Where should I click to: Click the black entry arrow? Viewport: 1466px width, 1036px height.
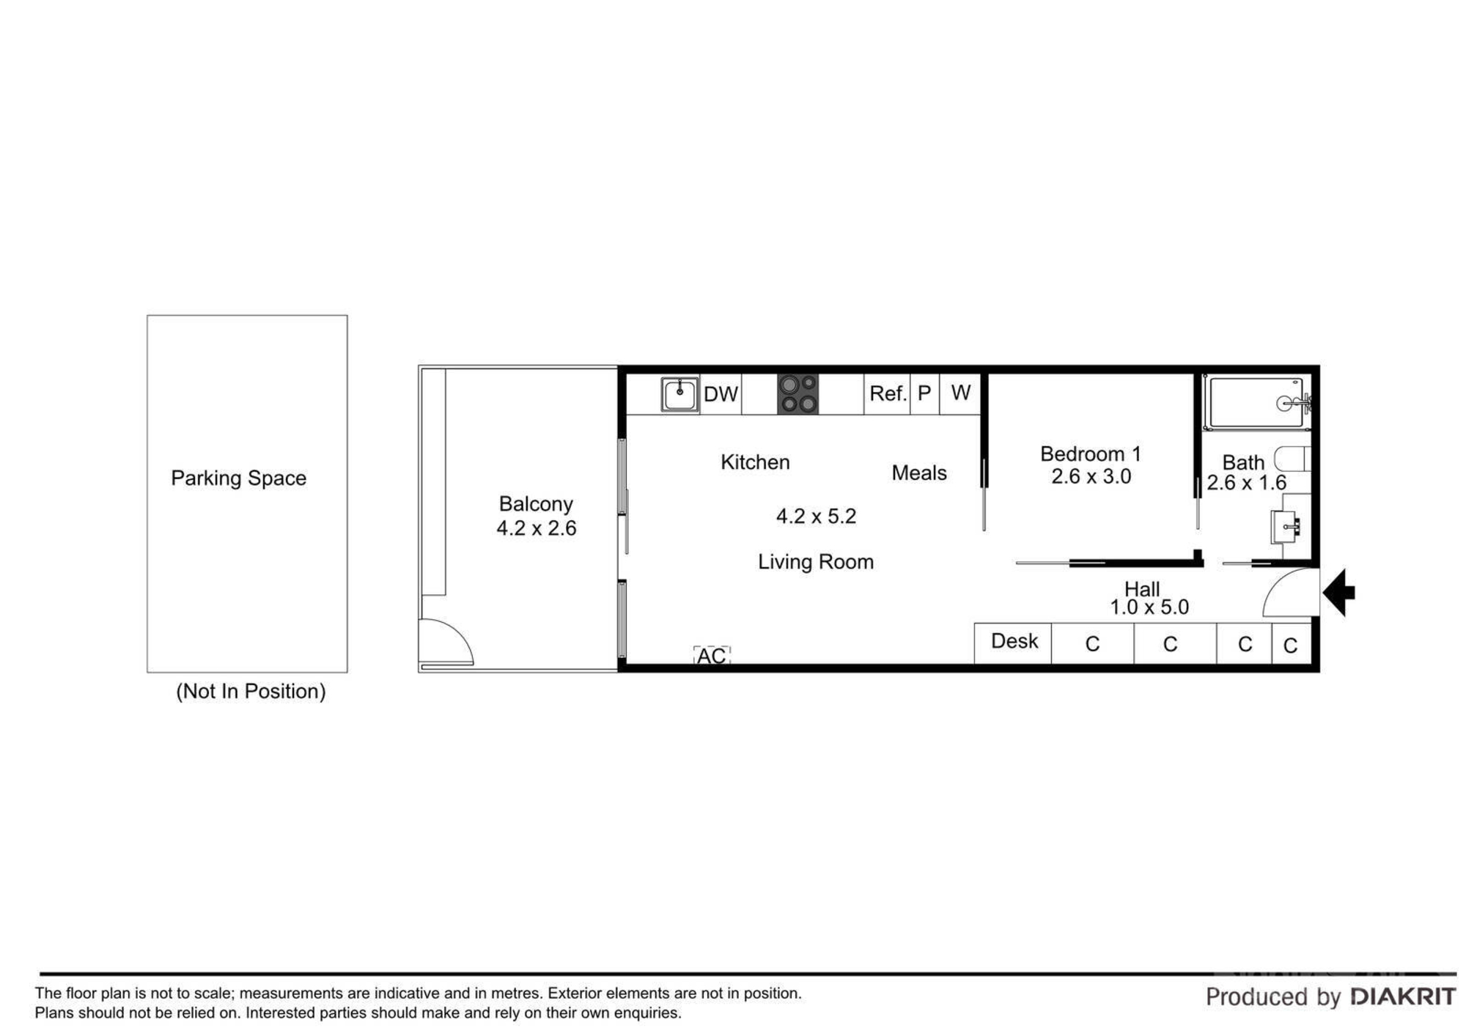click(x=1338, y=592)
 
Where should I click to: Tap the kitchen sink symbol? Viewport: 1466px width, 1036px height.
click(x=679, y=395)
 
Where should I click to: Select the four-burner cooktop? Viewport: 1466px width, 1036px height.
click(x=798, y=394)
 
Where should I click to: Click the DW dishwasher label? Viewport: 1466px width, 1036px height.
click(x=721, y=394)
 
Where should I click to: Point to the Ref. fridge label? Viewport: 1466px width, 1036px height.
click(x=888, y=393)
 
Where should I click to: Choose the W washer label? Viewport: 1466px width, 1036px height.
click(x=961, y=393)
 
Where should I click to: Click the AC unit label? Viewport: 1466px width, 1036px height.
click(x=711, y=655)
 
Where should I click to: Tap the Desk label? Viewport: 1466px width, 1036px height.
click(x=1014, y=641)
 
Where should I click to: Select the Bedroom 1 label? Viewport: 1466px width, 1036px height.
click(x=1091, y=454)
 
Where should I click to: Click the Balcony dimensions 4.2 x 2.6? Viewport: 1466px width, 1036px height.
click(x=537, y=528)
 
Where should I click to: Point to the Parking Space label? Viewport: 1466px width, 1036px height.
click(x=239, y=478)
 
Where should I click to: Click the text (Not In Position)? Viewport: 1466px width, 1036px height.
click(x=251, y=691)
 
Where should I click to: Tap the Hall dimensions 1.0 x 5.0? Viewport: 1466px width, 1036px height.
click(x=1149, y=607)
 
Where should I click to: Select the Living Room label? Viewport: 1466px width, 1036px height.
click(x=816, y=562)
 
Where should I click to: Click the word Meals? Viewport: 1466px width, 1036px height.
click(x=919, y=473)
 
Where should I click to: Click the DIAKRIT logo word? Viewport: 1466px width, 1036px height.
click(x=1403, y=996)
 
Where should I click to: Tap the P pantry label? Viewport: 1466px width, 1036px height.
click(x=924, y=393)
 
